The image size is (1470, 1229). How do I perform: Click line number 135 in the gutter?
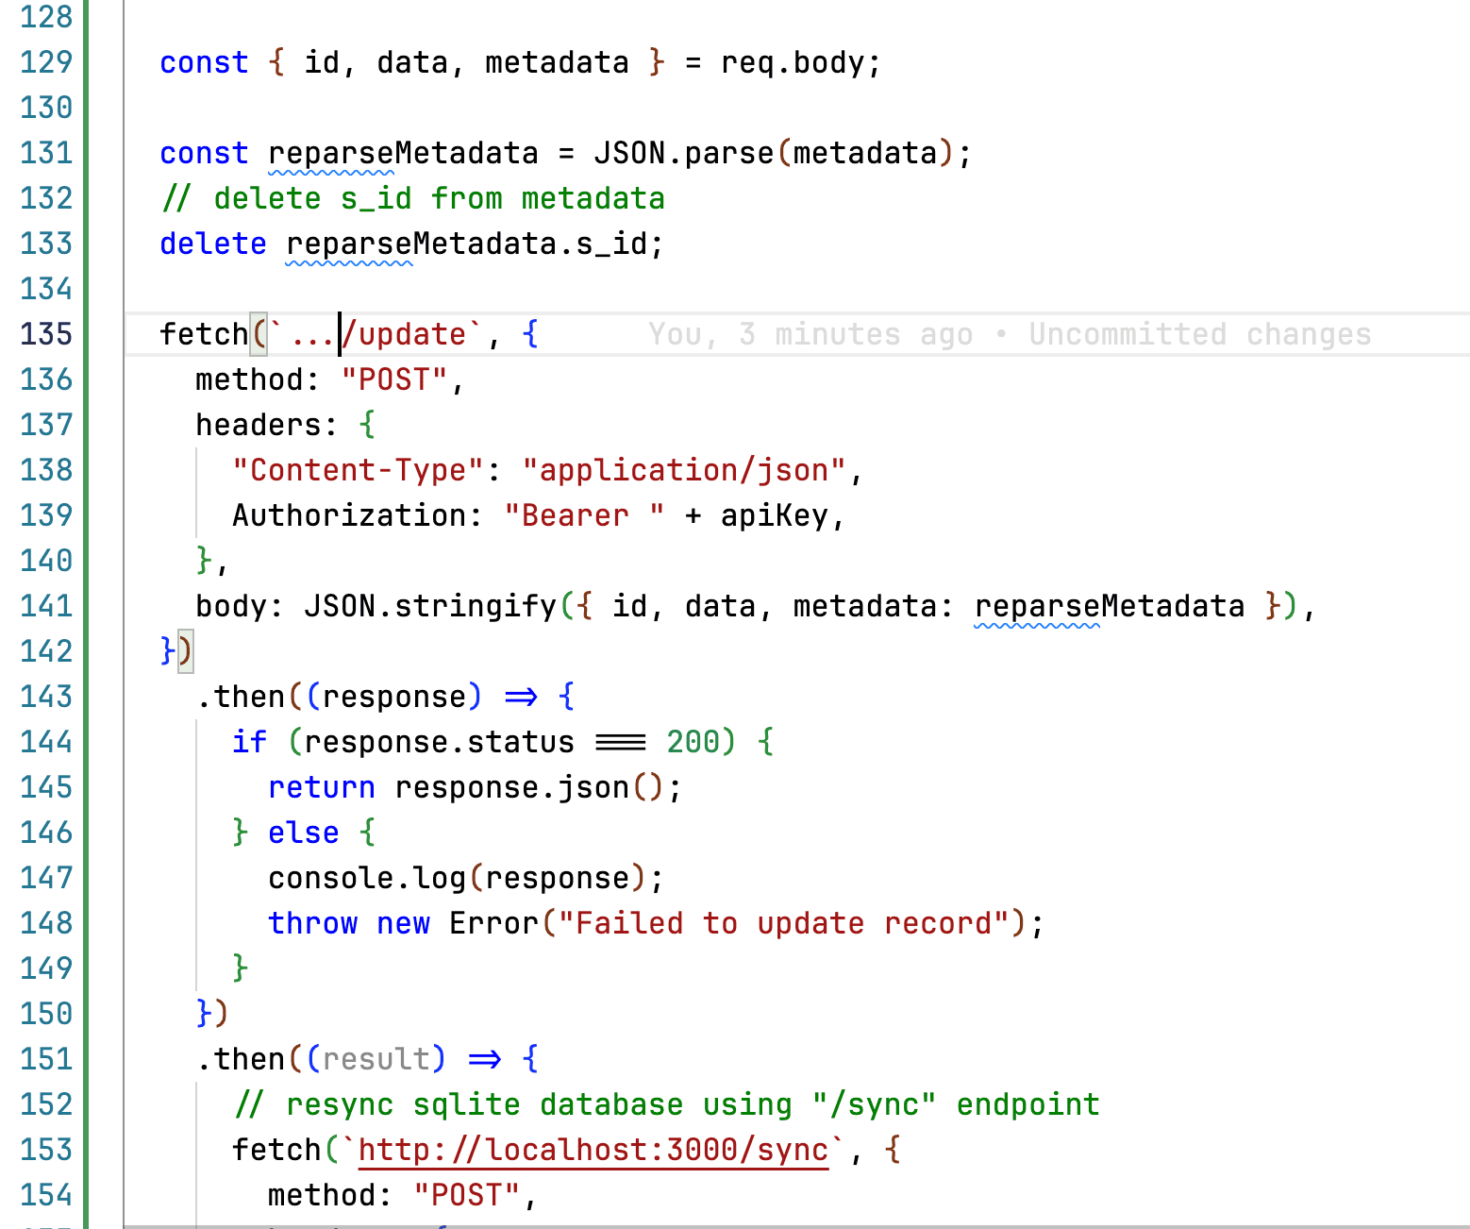click(46, 334)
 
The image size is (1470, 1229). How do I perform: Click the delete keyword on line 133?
click(213, 244)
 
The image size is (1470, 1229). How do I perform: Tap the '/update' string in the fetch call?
click(406, 334)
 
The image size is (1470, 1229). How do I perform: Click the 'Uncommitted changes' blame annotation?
click(1199, 334)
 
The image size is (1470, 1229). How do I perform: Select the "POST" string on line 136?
click(393, 379)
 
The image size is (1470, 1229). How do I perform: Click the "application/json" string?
click(684, 470)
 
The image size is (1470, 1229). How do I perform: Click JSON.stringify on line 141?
click(430, 606)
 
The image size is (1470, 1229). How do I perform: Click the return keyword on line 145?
click(322, 787)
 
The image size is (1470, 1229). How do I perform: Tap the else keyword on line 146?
click(303, 833)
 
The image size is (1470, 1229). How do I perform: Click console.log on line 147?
click(367, 878)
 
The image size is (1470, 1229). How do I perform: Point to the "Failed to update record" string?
click(784, 923)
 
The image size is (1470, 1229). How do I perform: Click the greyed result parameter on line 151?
click(376, 1059)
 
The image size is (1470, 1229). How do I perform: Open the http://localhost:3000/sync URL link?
click(593, 1150)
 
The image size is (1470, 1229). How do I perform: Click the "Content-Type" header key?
click(358, 470)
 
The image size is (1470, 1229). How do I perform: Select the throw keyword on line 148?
click(312, 923)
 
